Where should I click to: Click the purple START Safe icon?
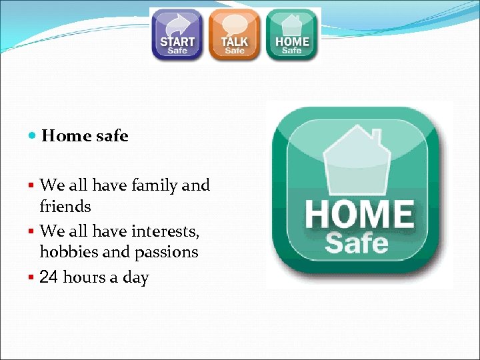(x=177, y=35)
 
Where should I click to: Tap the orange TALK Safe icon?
(x=234, y=35)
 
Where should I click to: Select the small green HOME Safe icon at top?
(x=292, y=35)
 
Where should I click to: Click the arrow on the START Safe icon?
(x=177, y=24)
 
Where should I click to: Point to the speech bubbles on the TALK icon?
(x=234, y=25)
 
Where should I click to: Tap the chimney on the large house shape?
(x=377, y=139)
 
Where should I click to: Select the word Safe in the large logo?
(x=356, y=243)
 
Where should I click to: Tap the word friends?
(x=65, y=207)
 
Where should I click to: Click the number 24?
(x=49, y=277)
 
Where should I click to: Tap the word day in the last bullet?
(x=135, y=278)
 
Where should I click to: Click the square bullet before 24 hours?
(x=32, y=277)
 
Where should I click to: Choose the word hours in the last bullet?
(x=85, y=277)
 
